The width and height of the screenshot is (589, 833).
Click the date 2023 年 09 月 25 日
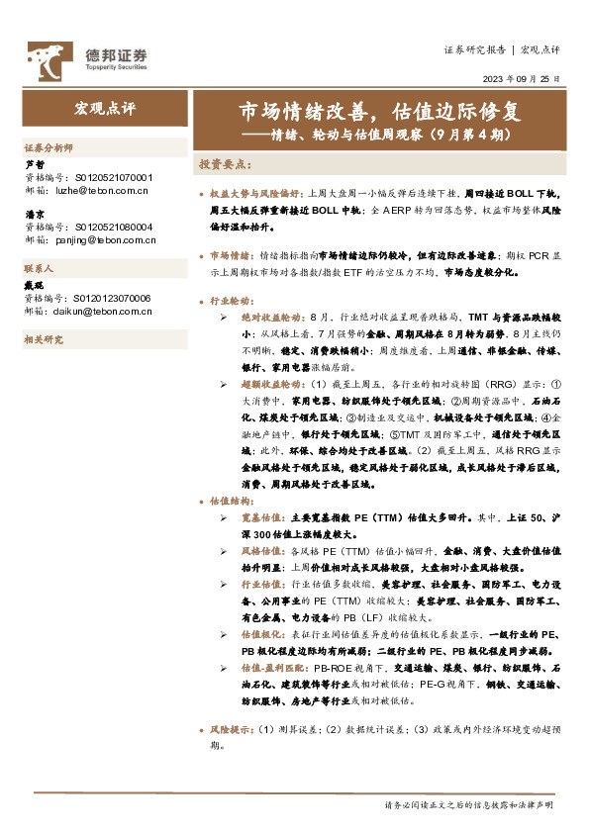point(522,78)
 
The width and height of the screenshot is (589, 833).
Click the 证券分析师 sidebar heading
point(49,145)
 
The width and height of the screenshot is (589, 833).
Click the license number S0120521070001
point(114,176)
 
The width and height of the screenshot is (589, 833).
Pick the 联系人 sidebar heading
point(39,268)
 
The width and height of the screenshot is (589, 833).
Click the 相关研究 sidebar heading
point(43,339)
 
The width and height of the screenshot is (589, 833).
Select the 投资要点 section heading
point(226,163)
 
